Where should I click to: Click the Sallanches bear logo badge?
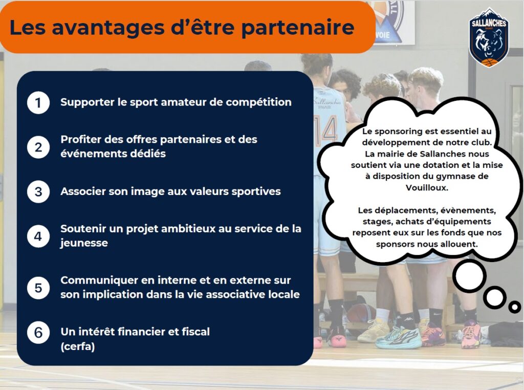pyautogui.click(x=489, y=37)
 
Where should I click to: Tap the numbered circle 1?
pyautogui.click(x=38, y=102)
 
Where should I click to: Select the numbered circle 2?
pyautogui.click(x=38, y=147)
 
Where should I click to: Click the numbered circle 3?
pyautogui.click(x=38, y=192)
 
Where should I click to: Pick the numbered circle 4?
pyautogui.click(x=38, y=236)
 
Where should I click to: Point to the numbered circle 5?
pyautogui.click(x=38, y=288)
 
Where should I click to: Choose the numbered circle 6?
pyautogui.click(x=38, y=333)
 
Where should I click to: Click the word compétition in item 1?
pyautogui.click(x=258, y=102)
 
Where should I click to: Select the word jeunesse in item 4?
pyautogui.click(x=84, y=243)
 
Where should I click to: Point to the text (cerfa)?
pyautogui.click(x=78, y=346)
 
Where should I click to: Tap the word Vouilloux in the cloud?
pyautogui.click(x=427, y=187)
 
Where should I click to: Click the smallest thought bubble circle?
pyautogui.click(x=515, y=307)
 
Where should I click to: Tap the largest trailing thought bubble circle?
pyautogui.click(x=469, y=276)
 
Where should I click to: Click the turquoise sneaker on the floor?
pyautogui.click(x=398, y=337)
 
